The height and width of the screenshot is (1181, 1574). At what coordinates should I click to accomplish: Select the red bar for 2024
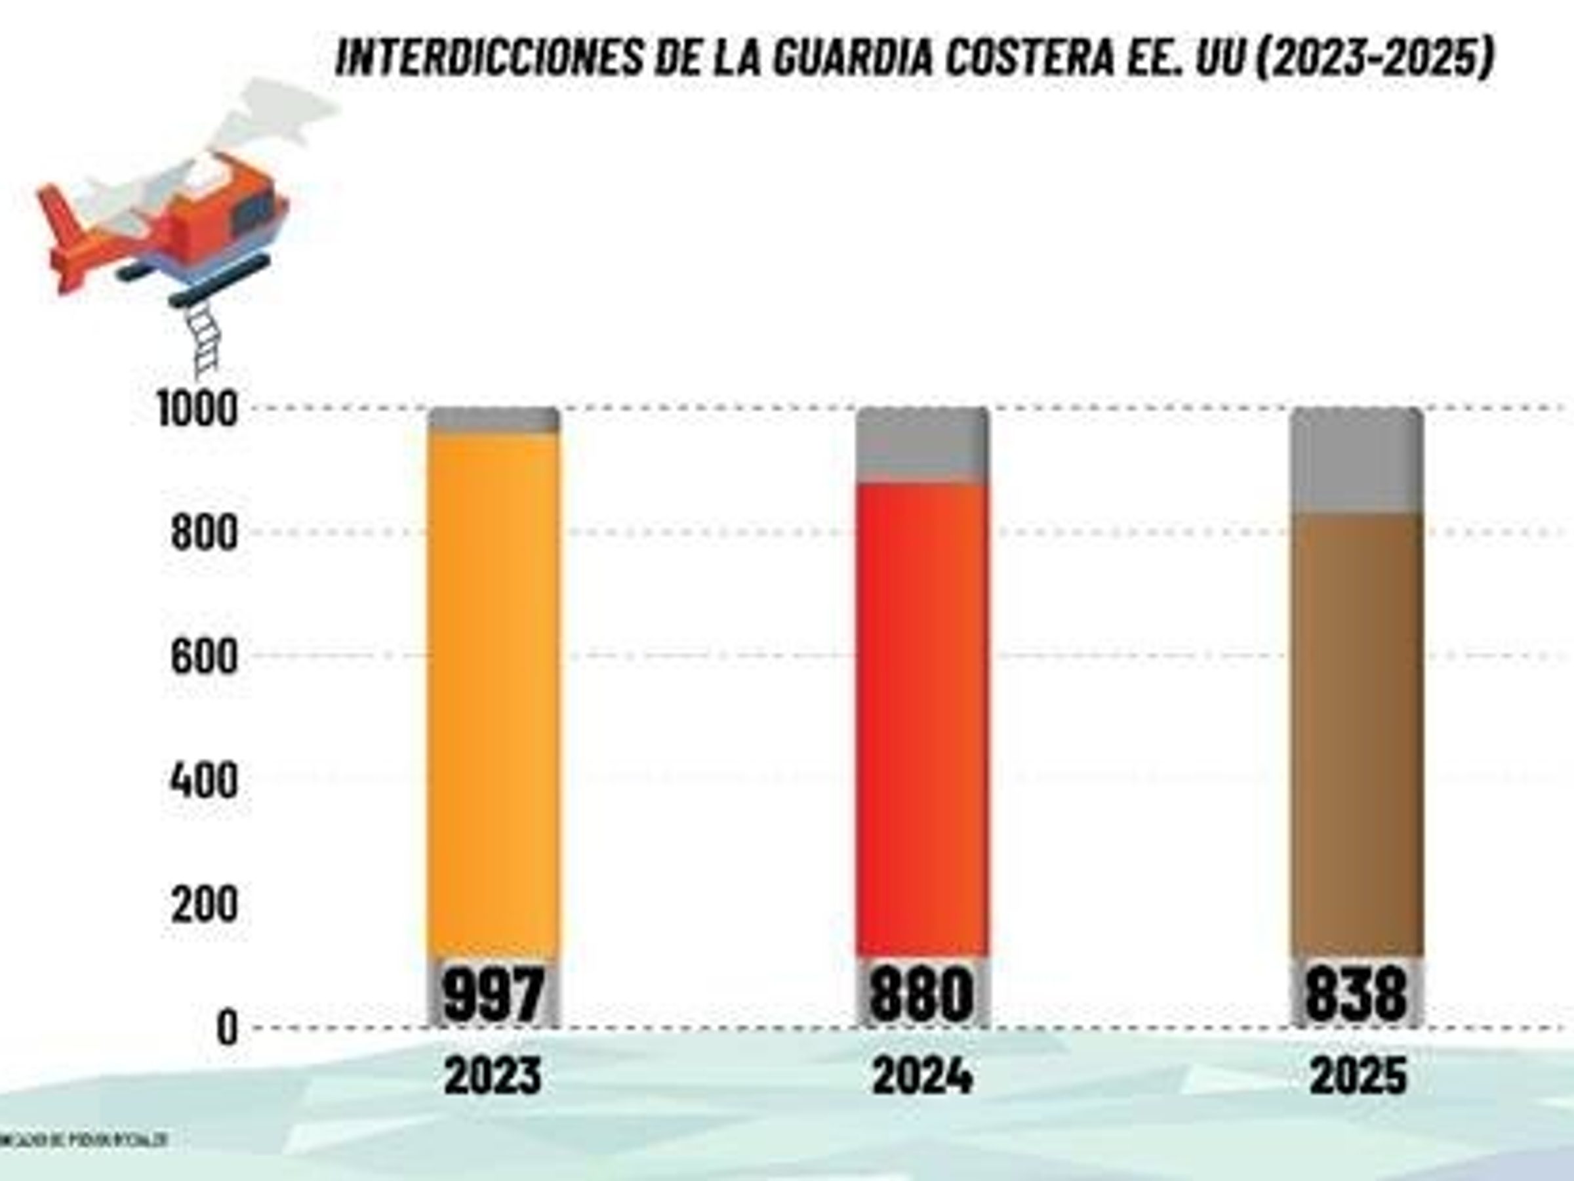pos(922,719)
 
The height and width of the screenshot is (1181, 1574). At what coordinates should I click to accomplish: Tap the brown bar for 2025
pos(1358,734)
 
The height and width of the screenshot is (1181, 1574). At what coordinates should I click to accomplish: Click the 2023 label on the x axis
pos(493,1075)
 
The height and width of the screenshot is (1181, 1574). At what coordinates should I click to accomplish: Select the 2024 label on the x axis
pos(922,1075)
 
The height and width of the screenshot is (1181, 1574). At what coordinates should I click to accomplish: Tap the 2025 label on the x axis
pos(1358,1075)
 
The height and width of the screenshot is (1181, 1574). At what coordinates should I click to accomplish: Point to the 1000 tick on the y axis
pos(196,411)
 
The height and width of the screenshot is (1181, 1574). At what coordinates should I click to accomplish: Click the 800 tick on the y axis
pos(203,533)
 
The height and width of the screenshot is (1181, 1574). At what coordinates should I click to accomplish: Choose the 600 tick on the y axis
pos(203,656)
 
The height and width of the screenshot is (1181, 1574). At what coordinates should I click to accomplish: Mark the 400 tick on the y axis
pos(203,780)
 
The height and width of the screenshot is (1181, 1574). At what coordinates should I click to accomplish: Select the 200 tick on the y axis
pos(203,905)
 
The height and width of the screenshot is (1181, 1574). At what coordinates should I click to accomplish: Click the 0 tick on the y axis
pos(227,1029)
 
